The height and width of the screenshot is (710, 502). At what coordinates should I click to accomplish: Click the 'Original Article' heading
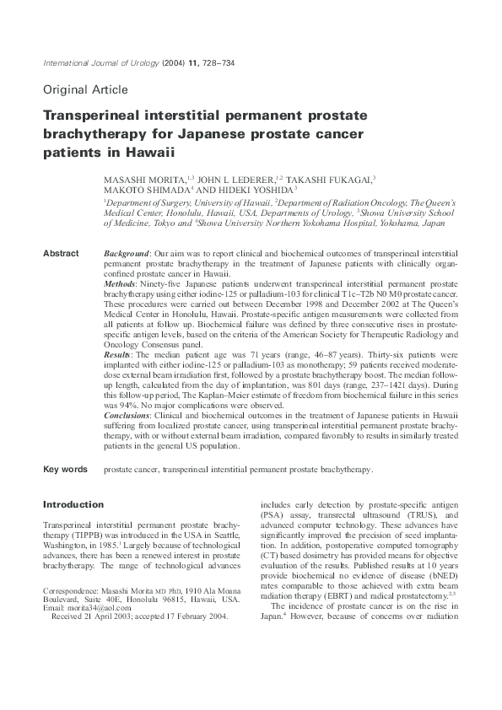tap(85, 89)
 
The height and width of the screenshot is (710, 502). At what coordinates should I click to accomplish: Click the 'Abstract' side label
tap(61, 253)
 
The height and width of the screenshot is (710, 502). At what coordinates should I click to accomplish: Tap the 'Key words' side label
tap(65, 469)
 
